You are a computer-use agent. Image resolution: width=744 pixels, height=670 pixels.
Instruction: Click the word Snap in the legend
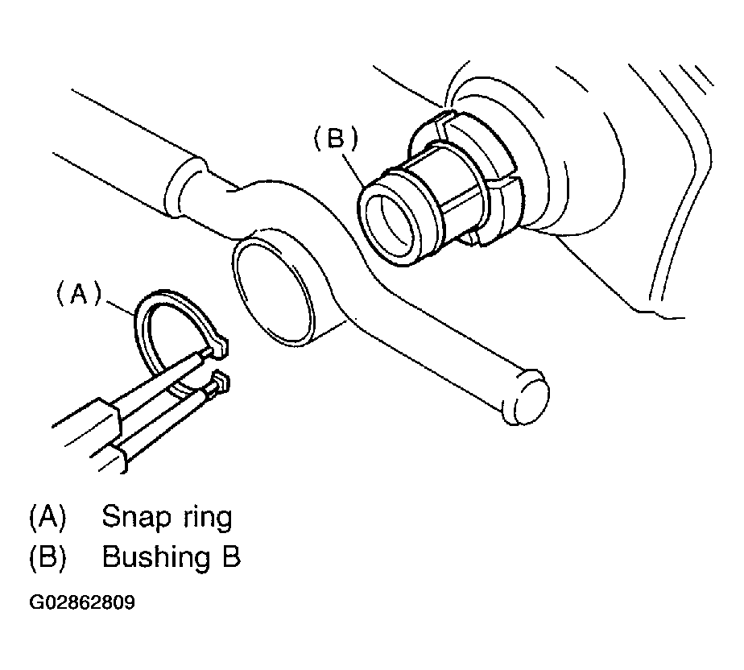coord(134,518)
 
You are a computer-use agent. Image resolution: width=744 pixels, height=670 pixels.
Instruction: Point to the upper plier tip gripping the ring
coord(219,347)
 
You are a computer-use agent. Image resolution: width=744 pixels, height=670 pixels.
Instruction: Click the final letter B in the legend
coord(230,558)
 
